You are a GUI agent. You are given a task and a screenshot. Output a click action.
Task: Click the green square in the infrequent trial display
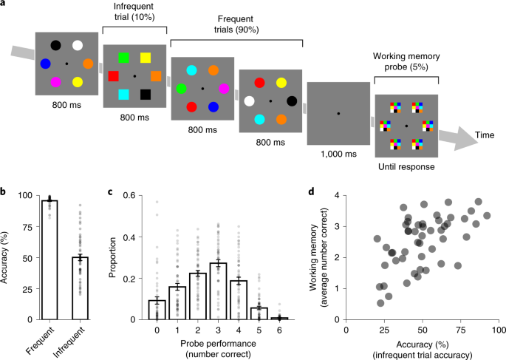[123, 58]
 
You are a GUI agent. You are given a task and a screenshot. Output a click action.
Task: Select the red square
[113, 76]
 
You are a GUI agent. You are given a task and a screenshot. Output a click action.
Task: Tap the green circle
[182, 89]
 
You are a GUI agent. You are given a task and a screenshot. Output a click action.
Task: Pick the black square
[146, 95]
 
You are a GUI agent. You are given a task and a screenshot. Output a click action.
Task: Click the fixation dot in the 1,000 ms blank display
[338, 114]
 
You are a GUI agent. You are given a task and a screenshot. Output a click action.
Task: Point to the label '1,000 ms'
[338, 154]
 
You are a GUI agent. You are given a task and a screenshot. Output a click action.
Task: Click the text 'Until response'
[406, 167]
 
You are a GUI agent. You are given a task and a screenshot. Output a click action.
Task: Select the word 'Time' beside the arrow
[485, 135]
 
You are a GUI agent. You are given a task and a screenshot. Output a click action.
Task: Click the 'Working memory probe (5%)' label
[406, 61]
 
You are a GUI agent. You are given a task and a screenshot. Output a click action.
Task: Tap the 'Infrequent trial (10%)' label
[134, 12]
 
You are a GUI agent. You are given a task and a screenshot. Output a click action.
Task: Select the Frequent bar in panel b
[49, 260]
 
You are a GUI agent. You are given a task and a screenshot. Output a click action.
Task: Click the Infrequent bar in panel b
[81, 288]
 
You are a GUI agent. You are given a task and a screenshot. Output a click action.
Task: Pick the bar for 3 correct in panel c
[218, 291]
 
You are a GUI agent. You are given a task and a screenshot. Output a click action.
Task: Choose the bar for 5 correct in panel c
[259, 313]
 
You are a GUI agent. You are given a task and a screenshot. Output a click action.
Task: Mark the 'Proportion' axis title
[112, 258]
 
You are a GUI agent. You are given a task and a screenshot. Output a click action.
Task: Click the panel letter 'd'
[311, 191]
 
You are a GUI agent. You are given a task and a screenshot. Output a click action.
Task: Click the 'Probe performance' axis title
[218, 344]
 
